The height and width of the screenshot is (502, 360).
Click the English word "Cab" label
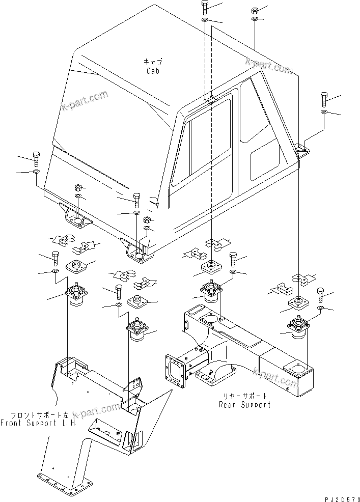pos(153,71)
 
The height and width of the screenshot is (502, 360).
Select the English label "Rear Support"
pos(244,405)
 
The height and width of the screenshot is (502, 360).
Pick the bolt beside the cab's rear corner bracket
pos(324,97)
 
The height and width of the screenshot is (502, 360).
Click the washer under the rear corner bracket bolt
pos(324,111)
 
